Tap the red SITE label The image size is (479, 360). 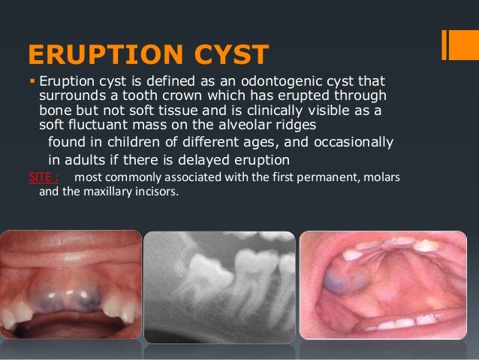pyautogui.click(x=41, y=176)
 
